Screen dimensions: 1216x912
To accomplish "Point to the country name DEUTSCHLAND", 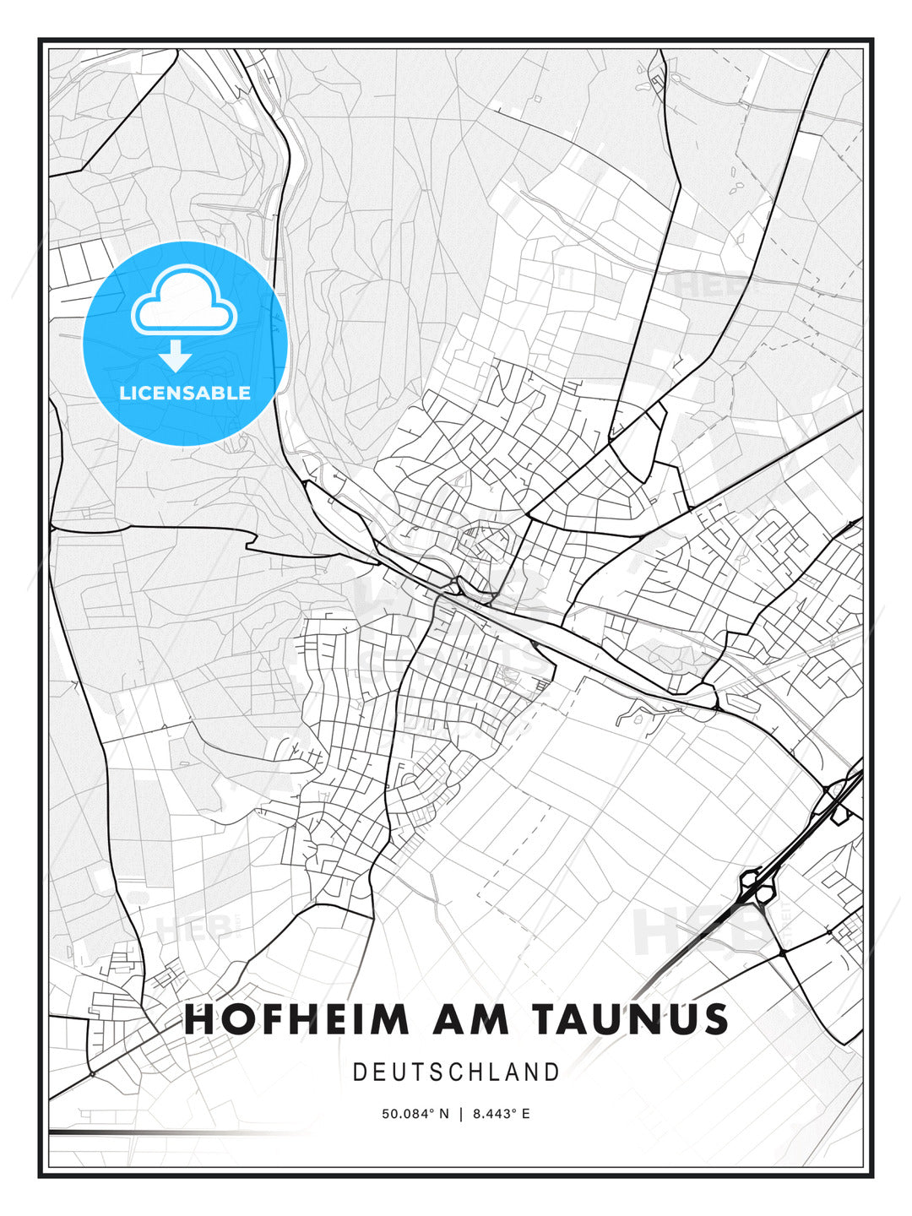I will [456, 1072].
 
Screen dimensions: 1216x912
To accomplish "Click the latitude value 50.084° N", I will [415, 1114].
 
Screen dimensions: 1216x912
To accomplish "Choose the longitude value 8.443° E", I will [502, 1114].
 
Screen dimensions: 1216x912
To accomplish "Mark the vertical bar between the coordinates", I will [461, 1114].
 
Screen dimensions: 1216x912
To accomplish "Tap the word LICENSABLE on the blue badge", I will [185, 393].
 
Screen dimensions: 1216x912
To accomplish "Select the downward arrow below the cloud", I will [175, 356].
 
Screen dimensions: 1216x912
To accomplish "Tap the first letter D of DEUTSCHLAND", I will [359, 1072].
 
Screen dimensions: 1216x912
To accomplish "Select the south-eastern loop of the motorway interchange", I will [767, 895].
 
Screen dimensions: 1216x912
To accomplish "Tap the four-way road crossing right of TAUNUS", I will [783, 952].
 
